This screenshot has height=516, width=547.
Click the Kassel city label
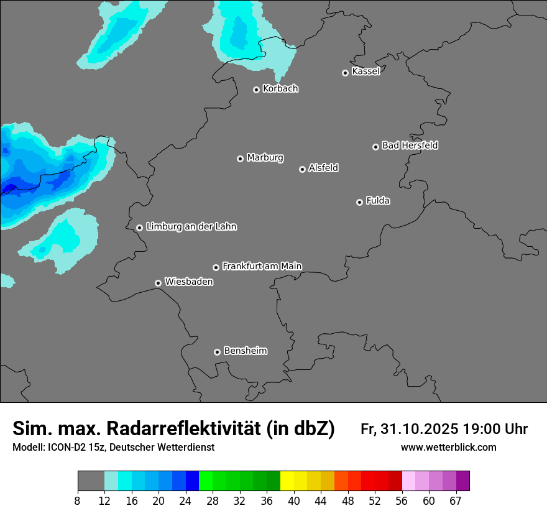(x=365, y=71)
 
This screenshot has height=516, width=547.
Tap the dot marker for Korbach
(x=256, y=90)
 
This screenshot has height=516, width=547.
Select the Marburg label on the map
(x=265, y=158)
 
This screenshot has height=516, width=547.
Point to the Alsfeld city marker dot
(x=302, y=169)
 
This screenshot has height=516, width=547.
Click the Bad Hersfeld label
(x=410, y=145)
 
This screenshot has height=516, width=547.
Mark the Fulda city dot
(x=359, y=202)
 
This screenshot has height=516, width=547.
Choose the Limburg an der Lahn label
(x=191, y=227)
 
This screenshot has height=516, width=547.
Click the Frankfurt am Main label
(x=262, y=266)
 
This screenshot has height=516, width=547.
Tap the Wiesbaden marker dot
(x=159, y=283)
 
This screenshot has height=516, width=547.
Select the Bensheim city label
(x=245, y=351)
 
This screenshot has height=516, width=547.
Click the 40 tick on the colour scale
(x=294, y=500)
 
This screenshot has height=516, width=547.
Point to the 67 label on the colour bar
(x=456, y=500)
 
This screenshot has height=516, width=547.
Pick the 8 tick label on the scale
(x=78, y=500)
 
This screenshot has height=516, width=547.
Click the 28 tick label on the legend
(x=213, y=500)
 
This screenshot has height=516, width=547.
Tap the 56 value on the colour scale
(x=402, y=500)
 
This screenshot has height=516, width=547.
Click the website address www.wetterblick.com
(x=448, y=448)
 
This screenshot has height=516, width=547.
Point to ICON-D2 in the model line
(x=66, y=448)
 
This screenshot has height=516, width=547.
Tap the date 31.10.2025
(x=420, y=429)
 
